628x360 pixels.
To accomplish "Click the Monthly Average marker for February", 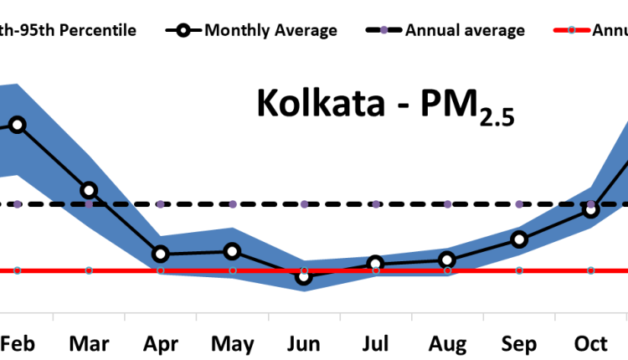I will pos(17,125).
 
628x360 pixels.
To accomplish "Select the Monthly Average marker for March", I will pos(89,190).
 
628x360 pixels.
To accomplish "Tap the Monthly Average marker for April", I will pos(161,254).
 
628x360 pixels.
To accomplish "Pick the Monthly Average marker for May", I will pos(233,251).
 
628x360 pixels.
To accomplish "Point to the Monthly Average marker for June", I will pos(304,276).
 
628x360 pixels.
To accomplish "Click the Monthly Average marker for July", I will pos(376,265).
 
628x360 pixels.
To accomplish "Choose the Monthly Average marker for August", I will pos(448,260).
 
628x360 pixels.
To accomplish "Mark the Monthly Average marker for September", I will pos(519,239).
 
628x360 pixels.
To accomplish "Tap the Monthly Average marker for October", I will pos(591,209).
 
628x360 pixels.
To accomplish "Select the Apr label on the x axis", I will pos(161,344).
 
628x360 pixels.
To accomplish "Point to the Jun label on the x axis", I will pos(304,344).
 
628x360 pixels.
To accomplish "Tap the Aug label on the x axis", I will pos(448,344).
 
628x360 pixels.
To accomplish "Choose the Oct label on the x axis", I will pos(591,344).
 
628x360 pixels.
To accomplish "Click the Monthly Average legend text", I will pos(270,31).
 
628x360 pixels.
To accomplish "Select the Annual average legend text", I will pos(465,31).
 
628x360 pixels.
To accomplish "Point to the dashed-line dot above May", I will pos(233,204).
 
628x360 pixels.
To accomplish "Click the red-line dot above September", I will pos(519,270).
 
